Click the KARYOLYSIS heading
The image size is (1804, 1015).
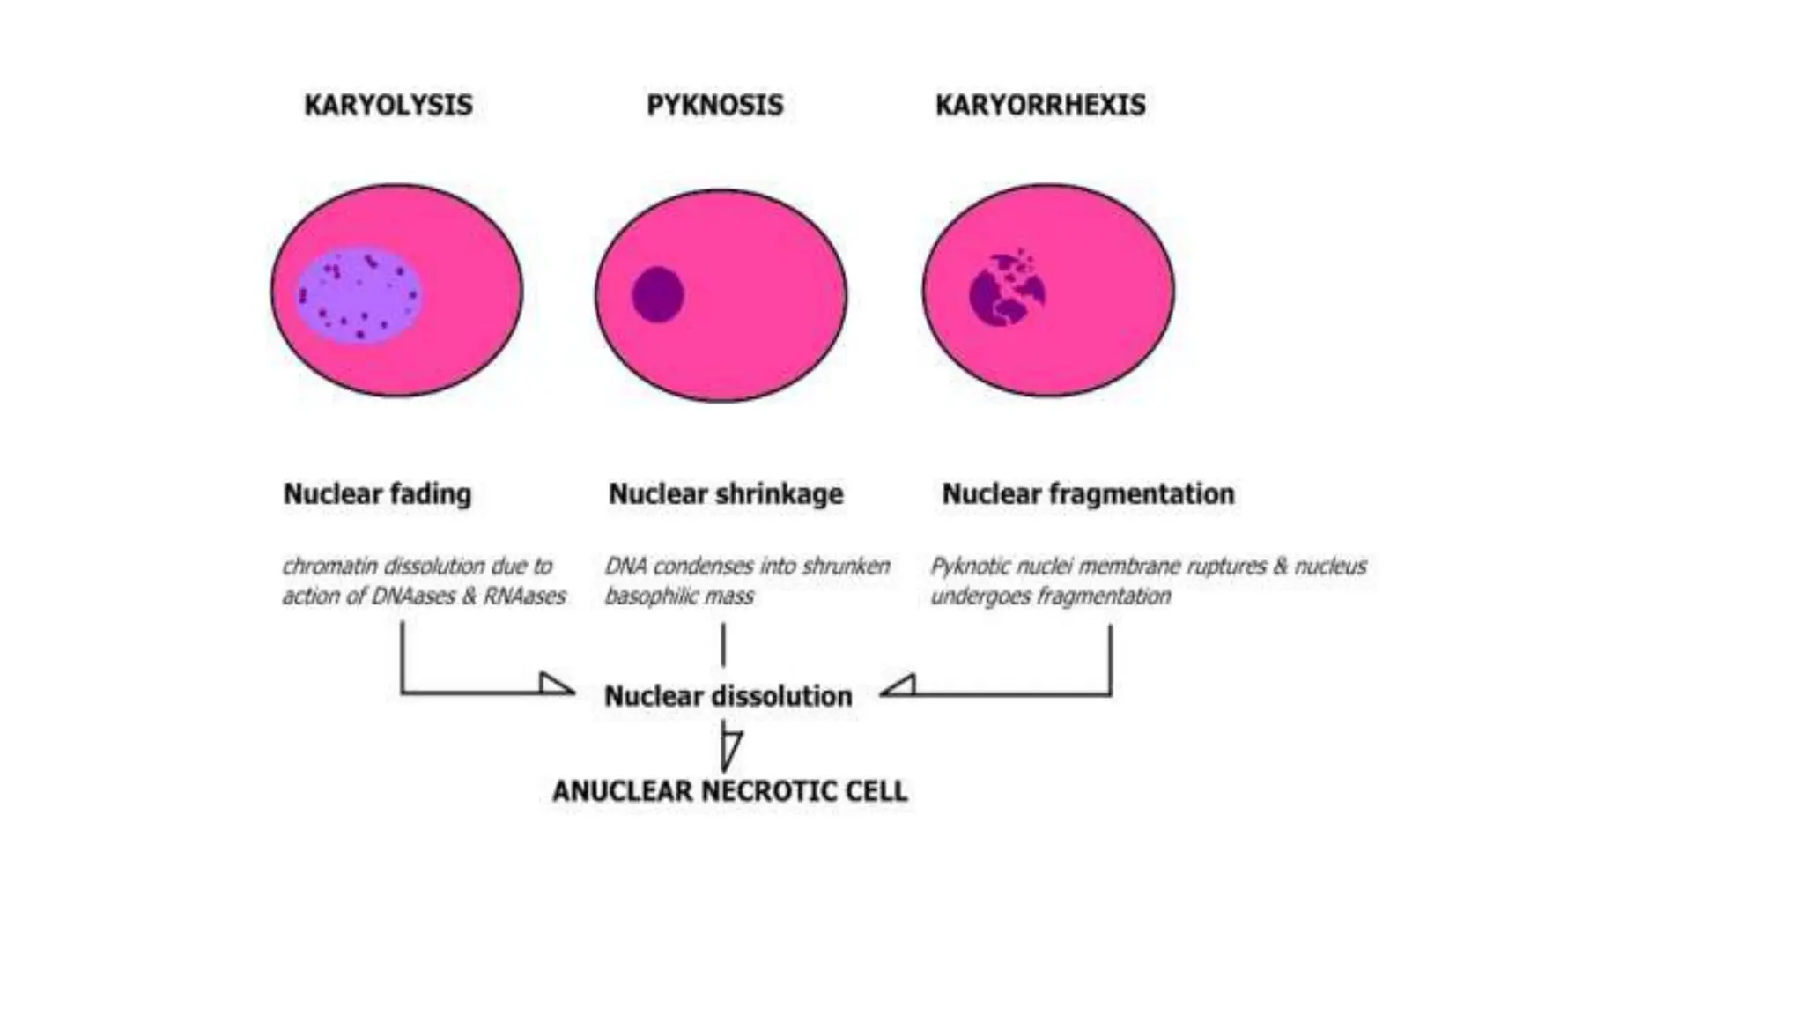pos(388,105)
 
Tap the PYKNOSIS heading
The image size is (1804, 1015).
pos(714,105)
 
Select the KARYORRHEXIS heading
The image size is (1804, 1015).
pos(1040,105)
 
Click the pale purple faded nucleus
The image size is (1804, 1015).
pos(359,294)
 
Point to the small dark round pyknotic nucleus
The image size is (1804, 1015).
pos(658,294)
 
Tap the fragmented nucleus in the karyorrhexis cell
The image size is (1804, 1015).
pos(1007,292)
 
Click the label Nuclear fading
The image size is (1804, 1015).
pos(377,493)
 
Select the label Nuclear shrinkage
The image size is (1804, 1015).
pos(726,493)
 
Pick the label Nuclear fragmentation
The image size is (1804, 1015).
pos(1088,493)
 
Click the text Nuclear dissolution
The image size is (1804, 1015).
pos(728,696)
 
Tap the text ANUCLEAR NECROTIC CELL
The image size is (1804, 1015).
pos(729,791)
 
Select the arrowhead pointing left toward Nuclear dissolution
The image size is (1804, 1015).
pos(898,686)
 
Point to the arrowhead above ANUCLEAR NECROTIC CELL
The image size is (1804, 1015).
pos(730,751)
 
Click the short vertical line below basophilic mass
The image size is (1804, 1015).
pos(723,645)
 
